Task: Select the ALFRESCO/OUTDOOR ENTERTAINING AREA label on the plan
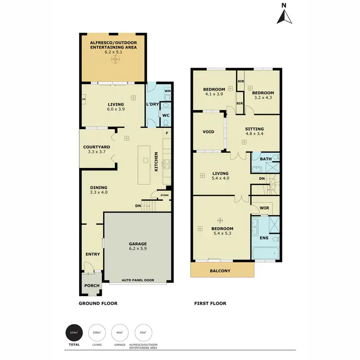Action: (114, 45)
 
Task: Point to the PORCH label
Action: (92, 286)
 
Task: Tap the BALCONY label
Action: (221, 271)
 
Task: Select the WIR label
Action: (263, 208)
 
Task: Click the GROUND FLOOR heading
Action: (98, 303)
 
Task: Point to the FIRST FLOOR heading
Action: (210, 303)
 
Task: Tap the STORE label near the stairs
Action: (165, 195)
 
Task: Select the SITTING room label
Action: (254, 129)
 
